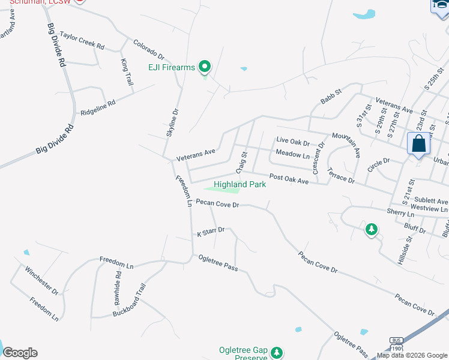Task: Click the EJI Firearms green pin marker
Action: pyautogui.click(x=205, y=66)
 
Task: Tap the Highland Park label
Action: pyautogui.click(x=240, y=184)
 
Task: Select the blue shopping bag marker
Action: pyautogui.click(x=418, y=145)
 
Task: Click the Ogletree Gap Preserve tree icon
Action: pyautogui.click(x=276, y=352)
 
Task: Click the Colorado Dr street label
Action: pyautogui.click(x=149, y=48)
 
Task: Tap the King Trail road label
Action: pyautogui.click(x=127, y=71)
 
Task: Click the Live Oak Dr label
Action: pyautogui.click(x=292, y=143)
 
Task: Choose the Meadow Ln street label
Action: pyautogui.click(x=292, y=154)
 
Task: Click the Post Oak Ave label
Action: pyautogui.click(x=288, y=179)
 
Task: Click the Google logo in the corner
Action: pyautogui.click(x=20, y=353)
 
